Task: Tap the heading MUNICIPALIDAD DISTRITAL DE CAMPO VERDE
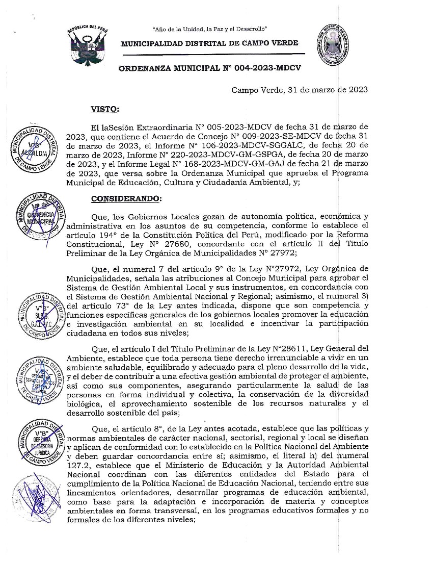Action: pyautogui.click(x=209, y=43)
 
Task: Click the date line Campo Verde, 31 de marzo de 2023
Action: pyautogui.click(x=300, y=90)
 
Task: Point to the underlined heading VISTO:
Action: pyautogui.click(x=104, y=109)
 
